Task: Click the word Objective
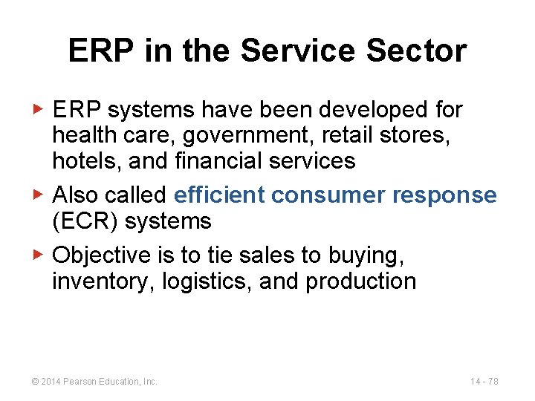coord(103,255)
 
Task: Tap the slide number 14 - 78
coord(484,381)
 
